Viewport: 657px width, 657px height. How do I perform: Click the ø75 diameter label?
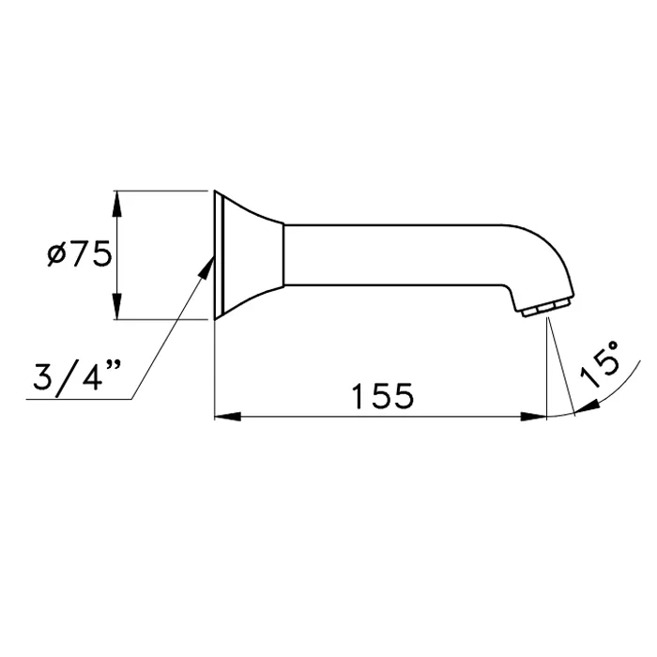tap(79, 254)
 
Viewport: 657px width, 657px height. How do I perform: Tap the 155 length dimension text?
tap(383, 396)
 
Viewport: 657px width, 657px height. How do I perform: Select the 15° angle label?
tap(599, 363)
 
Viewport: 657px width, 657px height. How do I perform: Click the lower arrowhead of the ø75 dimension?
tap(117, 306)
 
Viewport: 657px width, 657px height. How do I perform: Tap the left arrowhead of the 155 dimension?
tap(227, 417)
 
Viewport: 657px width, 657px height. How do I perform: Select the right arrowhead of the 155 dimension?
tap(534, 417)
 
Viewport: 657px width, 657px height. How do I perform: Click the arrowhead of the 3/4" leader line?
tap(206, 267)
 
